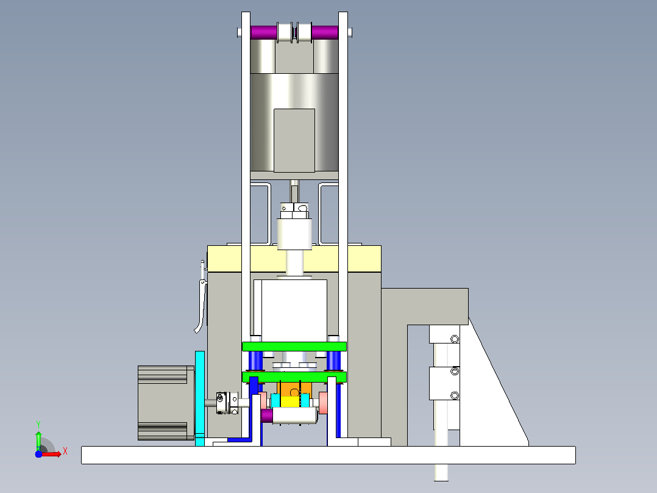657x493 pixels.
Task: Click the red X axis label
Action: click(x=65, y=452)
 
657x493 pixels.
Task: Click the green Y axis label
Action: click(x=38, y=424)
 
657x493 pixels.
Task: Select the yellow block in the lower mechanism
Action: click(x=290, y=402)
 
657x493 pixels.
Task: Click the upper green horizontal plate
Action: click(x=294, y=347)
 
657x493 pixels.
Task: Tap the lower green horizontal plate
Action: click(x=294, y=377)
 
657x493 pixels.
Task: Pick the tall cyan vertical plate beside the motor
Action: click(x=200, y=398)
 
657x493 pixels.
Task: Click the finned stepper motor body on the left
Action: click(x=166, y=403)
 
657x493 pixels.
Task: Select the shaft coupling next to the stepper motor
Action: click(x=227, y=403)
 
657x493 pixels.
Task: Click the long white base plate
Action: click(x=328, y=455)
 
